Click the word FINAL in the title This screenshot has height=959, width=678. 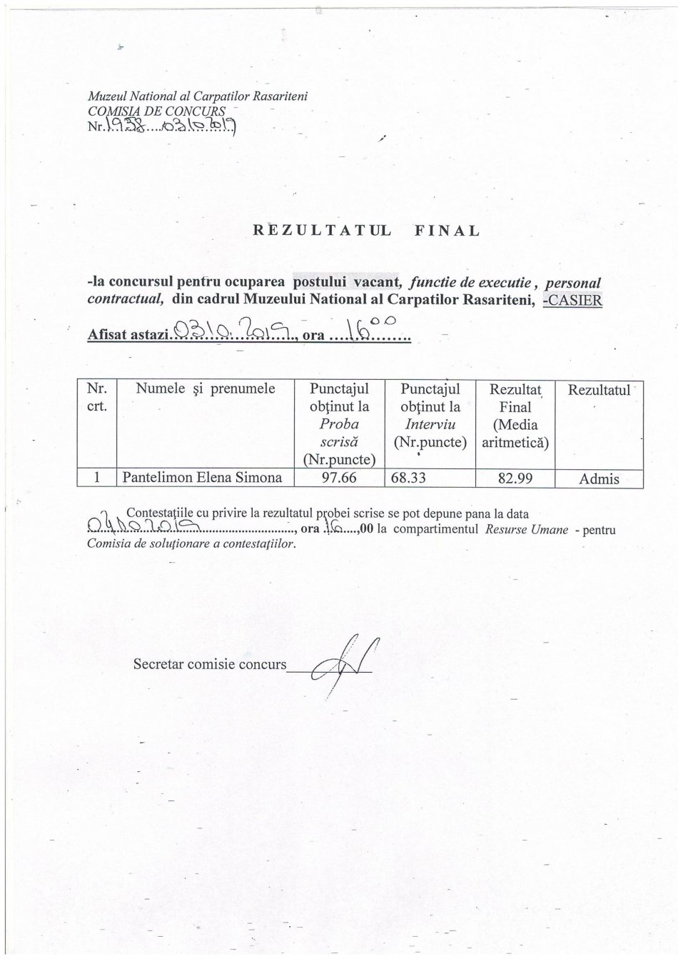coord(446,231)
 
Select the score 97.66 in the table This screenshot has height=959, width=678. coord(339,478)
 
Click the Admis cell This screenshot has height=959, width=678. coord(599,479)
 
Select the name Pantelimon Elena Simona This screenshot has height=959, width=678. coord(203,478)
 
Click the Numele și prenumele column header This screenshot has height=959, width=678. coord(205,389)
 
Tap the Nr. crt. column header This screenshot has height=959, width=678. coord(96,398)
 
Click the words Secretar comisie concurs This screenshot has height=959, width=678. coord(209,664)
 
